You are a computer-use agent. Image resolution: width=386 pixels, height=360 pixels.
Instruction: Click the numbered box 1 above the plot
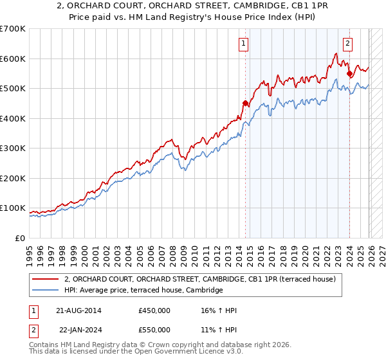[244, 44]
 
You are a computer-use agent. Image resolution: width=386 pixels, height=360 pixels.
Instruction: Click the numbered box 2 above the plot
[347, 44]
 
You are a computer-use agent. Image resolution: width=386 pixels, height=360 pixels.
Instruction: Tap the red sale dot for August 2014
[245, 103]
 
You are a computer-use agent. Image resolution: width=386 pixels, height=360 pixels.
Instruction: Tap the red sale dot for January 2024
[349, 74]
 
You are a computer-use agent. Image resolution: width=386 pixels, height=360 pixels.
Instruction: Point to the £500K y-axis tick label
[12, 89]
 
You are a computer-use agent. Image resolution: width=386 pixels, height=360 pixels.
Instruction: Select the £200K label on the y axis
[12, 178]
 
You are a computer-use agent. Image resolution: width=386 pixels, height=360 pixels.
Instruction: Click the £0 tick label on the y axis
[20, 238]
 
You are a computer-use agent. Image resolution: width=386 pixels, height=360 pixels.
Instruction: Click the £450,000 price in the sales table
[154, 310]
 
